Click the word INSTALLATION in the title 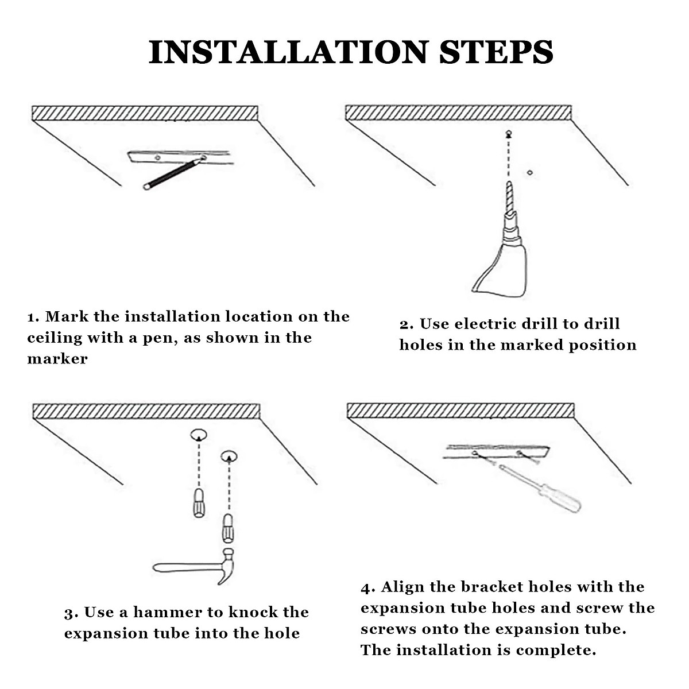289,53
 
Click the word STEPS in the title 496,53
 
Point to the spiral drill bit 509,198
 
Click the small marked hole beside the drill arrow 530,173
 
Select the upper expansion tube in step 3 199,503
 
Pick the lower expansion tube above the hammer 228,528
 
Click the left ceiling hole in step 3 199,434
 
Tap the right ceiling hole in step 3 229,455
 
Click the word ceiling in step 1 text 55,338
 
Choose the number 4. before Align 368,588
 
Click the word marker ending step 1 57,359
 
